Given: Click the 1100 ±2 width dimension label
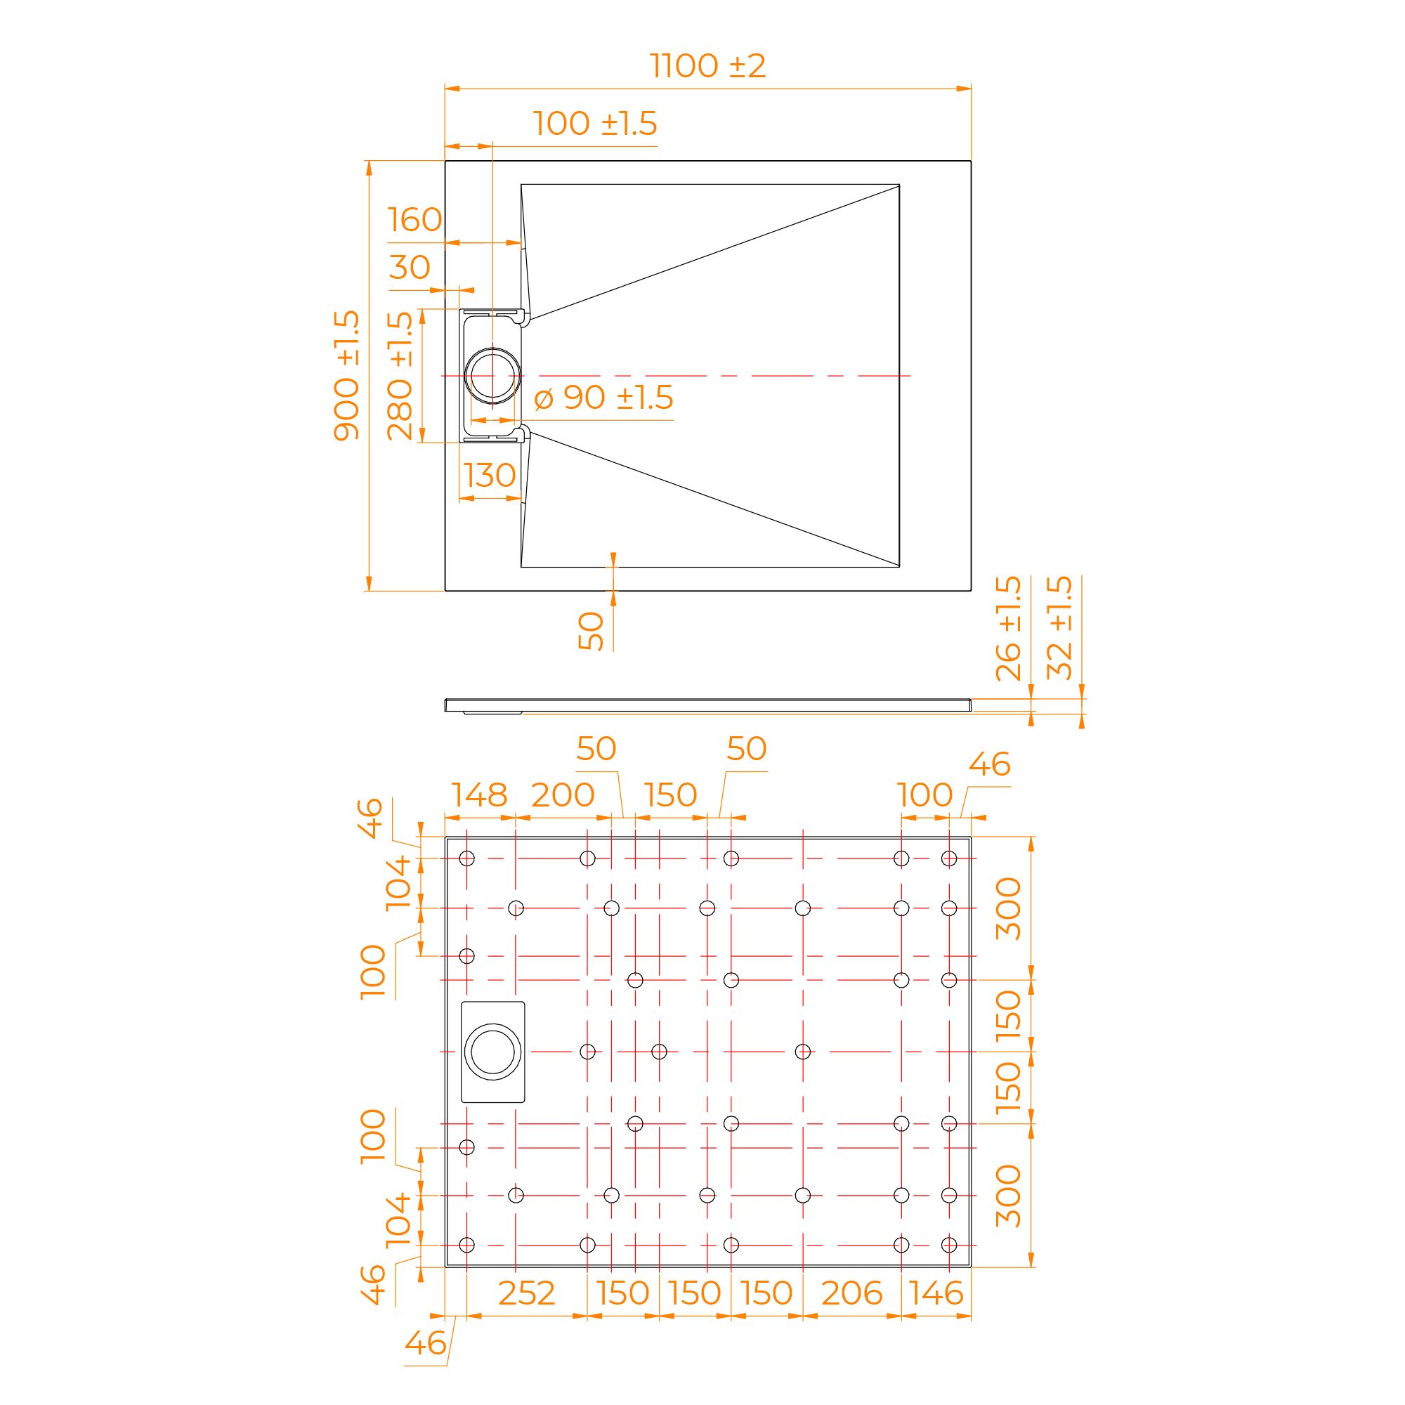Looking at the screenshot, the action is [x=707, y=66].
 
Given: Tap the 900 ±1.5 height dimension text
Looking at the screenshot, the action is [x=347, y=375].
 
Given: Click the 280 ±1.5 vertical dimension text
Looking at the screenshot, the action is [x=400, y=375].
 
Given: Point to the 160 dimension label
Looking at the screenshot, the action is [x=414, y=220].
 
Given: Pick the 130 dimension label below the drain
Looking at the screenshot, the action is [x=490, y=476].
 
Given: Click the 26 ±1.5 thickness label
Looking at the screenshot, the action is [x=1009, y=628].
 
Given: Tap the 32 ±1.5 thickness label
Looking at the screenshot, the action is [x=1059, y=628].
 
